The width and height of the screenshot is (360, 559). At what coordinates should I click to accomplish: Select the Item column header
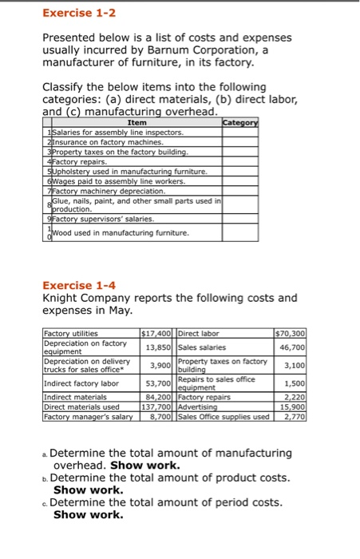pos(137,122)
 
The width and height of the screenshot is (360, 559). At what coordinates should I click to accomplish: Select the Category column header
pos(240,122)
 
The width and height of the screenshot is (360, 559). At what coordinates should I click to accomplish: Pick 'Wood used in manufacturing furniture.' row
pos(121,233)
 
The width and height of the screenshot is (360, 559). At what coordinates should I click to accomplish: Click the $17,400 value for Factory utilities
pos(157,333)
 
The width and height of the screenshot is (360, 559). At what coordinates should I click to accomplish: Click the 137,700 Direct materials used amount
pos(157,406)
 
